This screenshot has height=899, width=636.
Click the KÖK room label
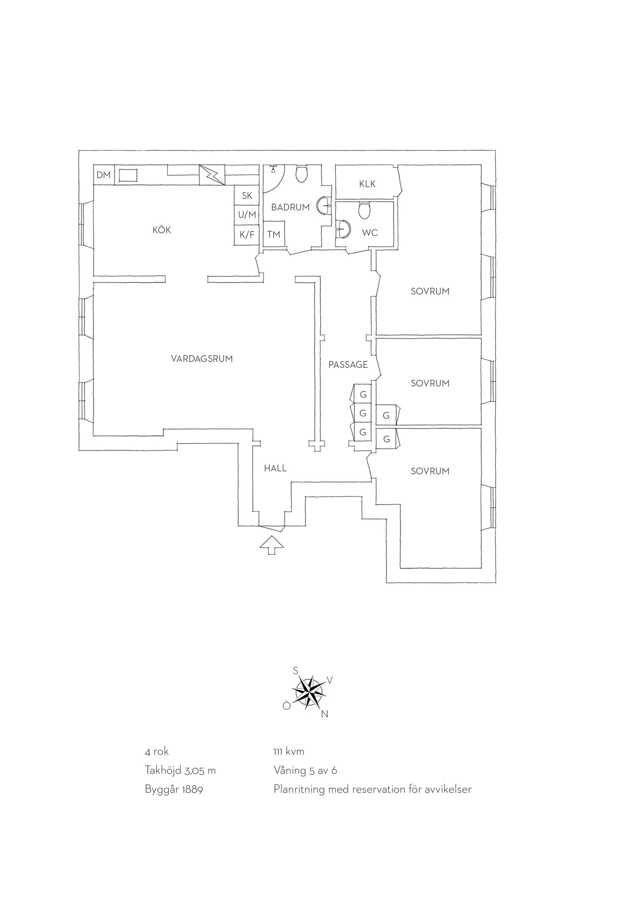[162, 230]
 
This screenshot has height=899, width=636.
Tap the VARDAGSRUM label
[202, 359]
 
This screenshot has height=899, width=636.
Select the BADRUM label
[290, 208]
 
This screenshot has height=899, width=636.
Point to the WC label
[370, 233]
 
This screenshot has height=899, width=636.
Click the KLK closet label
[367, 184]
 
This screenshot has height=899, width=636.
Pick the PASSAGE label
[348, 365]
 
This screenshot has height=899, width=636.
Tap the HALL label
[275, 468]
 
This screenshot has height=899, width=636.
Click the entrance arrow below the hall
[272, 545]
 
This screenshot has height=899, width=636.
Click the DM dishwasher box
[104, 175]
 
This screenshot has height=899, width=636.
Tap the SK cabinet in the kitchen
[247, 195]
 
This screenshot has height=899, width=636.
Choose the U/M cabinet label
[247, 215]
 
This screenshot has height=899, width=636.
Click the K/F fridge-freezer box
[247, 235]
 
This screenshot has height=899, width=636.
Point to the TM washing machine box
[274, 234]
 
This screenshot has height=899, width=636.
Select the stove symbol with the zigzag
[212, 175]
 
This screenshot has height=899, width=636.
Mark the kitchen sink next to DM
[128, 175]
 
